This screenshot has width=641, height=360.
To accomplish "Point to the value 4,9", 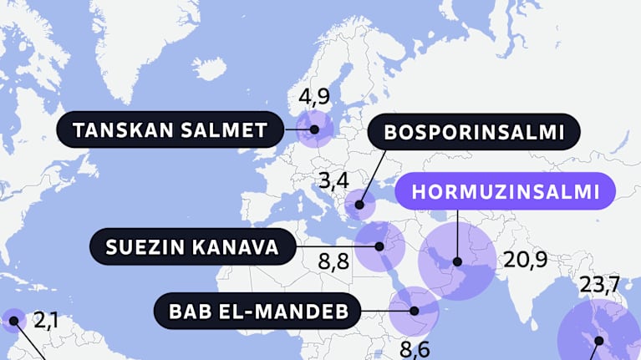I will [314, 97].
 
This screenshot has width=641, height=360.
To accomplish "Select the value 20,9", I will [525, 260].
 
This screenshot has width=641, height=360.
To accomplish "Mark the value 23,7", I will [605, 286].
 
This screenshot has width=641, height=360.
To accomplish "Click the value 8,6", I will [415, 349].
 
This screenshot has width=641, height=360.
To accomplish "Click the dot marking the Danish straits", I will [314, 129].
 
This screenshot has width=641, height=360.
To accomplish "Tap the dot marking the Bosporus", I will [361, 204].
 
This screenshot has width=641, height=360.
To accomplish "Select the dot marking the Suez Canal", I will [379, 246].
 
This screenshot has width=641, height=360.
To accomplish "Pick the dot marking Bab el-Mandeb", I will [415, 312].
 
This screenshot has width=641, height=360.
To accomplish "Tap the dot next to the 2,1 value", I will [13, 320].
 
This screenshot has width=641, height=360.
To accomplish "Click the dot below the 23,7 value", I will [598, 339].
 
